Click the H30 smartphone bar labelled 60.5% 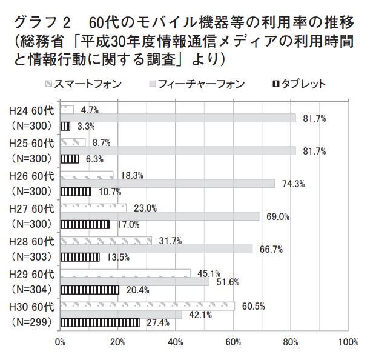[147, 306]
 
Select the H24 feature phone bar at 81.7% [178, 118]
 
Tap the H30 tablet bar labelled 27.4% [100, 322]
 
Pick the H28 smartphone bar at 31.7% [106, 241]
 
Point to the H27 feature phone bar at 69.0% [160, 216]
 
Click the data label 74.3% [292, 184]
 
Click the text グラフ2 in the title [43, 23]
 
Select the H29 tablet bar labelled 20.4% [90, 290]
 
